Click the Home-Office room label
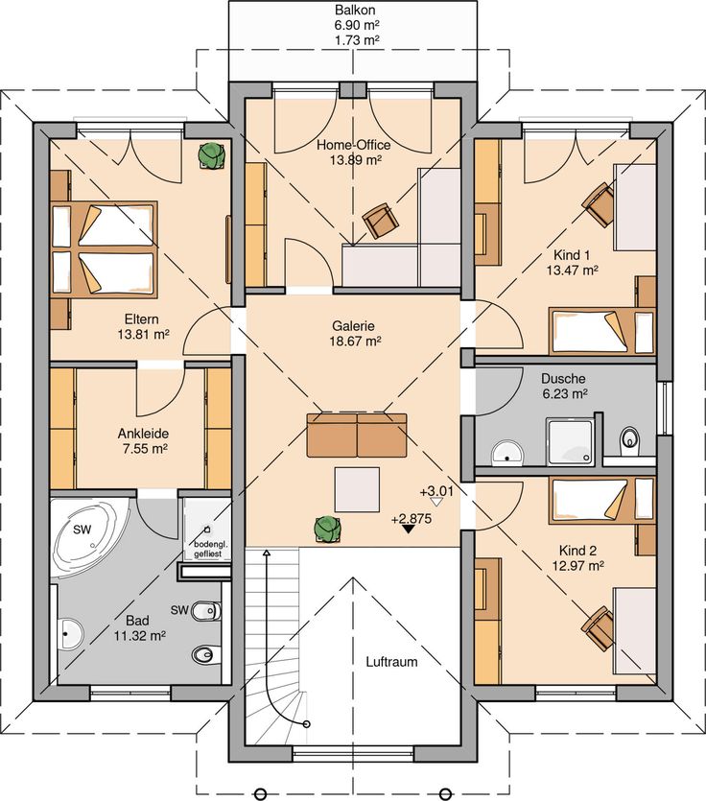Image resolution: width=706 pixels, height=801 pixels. tap(354, 145)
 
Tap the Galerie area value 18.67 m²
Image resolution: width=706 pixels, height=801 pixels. tap(355, 342)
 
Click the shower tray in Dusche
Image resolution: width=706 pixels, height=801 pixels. tap(570, 442)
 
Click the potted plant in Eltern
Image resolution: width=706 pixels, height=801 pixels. tap(211, 154)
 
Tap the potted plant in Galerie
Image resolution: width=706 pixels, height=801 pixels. tap(327, 530)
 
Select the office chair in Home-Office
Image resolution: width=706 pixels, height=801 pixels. tap(381, 221)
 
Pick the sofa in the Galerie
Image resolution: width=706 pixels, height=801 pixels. tap(357, 436)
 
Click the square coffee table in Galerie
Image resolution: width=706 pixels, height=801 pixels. tap(357, 489)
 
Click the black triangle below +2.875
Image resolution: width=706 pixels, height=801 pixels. tap(408, 530)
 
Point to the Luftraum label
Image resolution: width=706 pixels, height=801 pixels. tap(391, 662)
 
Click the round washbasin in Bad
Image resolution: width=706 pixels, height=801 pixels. tap(70, 634)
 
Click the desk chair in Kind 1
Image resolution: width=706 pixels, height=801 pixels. tap(599, 205)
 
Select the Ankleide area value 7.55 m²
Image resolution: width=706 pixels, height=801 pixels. tap(144, 449)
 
